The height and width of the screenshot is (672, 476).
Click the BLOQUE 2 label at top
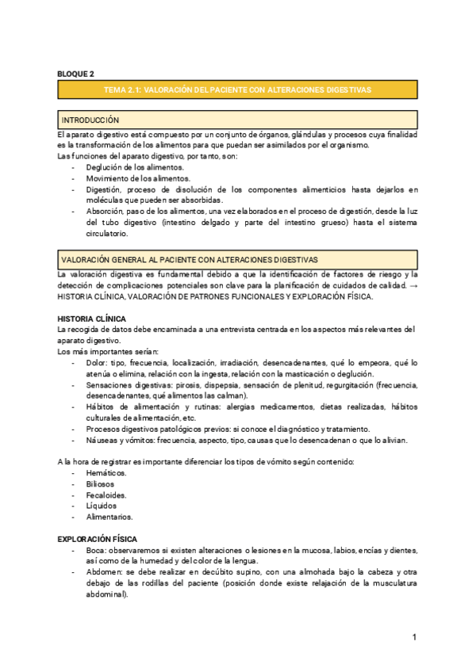[x=76, y=74]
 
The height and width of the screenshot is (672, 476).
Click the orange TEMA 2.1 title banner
[x=238, y=90]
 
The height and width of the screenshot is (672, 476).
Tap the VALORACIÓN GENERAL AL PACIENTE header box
[x=238, y=259]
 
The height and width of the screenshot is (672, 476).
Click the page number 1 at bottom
[x=414, y=638]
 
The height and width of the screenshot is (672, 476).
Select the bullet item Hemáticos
[x=106, y=472]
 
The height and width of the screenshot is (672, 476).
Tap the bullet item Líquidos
[x=102, y=505]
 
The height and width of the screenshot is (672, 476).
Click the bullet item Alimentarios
[x=109, y=516]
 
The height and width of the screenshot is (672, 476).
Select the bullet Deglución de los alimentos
[x=135, y=168]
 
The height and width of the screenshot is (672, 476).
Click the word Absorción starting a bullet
[x=105, y=212]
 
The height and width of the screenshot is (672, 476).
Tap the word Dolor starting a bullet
[x=96, y=362]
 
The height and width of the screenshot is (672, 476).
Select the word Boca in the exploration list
[x=95, y=550]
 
